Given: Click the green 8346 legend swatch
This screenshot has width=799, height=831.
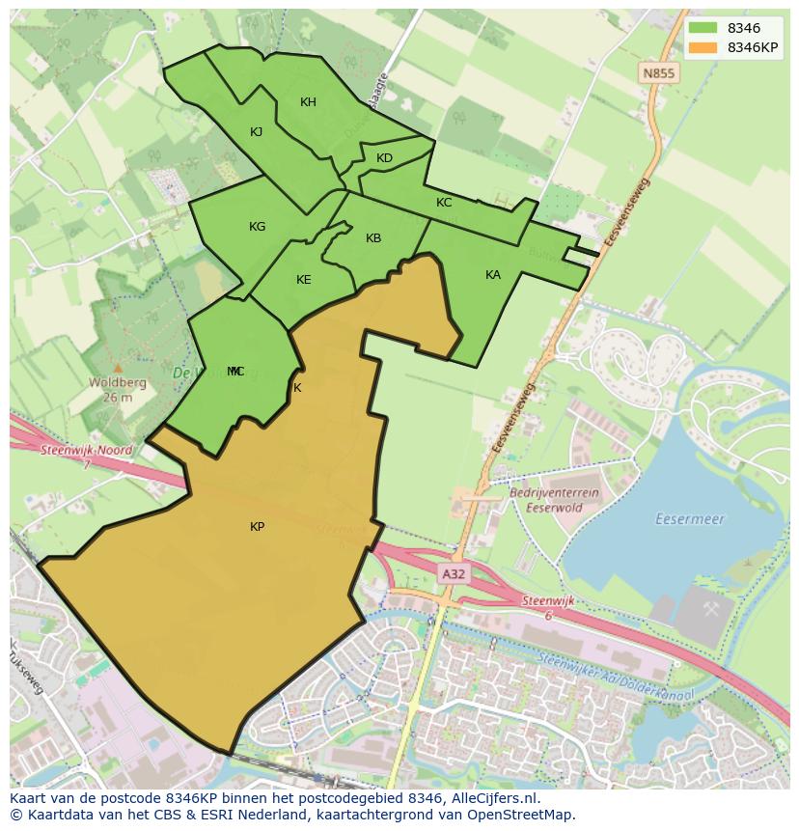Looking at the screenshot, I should click(x=703, y=29).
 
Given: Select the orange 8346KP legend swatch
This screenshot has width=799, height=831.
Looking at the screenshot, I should click(x=703, y=47).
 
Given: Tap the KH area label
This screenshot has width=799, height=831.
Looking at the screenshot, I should click(x=308, y=102).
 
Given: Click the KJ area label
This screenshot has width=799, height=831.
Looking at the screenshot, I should click(x=256, y=132).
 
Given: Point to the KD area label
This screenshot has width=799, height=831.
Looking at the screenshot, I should click(x=384, y=158).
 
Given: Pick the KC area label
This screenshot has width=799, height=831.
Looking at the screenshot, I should click(x=444, y=203).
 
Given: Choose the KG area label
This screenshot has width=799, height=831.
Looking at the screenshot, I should click(x=257, y=227).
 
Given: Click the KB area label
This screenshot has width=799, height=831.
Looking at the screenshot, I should click(x=373, y=238).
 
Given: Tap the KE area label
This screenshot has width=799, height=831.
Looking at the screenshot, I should click(x=303, y=280).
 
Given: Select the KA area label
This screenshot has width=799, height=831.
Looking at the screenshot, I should click(x=493, y=275).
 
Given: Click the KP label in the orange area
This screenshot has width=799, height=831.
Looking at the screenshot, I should click(x=257, y=527).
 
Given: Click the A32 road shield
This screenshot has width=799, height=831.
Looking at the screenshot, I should click(x=453, y=574).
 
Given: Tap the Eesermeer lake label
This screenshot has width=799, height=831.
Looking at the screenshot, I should click(x=689, y=519).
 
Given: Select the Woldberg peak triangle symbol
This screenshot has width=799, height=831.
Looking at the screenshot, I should click(x=118, y=368).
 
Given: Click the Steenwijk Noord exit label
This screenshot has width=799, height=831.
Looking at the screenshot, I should click(x=87, y=451).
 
